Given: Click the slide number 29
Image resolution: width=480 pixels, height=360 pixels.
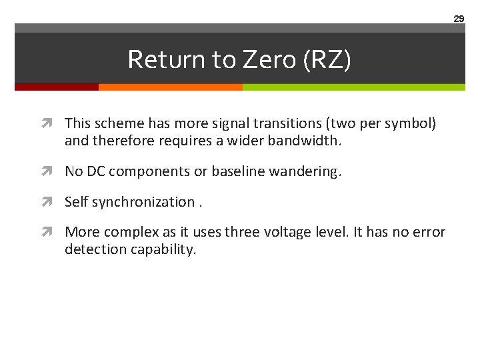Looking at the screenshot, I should [459, 19].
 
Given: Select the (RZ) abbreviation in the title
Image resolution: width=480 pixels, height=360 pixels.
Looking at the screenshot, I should [327, 60].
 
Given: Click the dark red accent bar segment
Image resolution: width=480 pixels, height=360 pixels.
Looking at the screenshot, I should [57, 87].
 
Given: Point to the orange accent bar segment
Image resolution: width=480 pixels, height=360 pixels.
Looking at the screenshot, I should [170, 87].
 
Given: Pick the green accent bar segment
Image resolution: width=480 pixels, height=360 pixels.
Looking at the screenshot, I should [353, 87].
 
